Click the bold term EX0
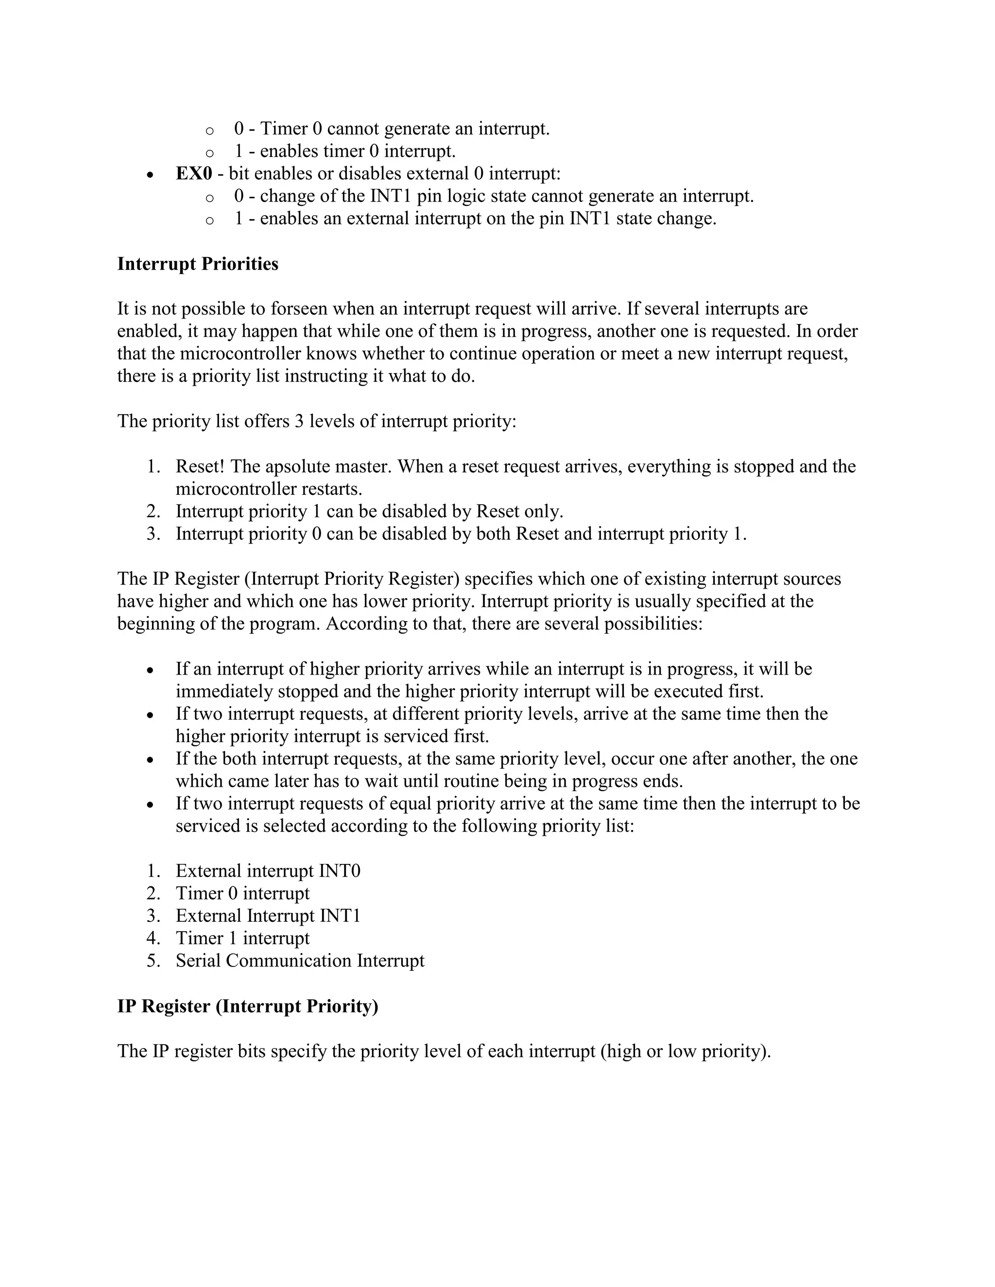coord(193,174)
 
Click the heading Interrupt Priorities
coord(197,264)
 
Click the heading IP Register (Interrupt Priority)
coord(248,1006)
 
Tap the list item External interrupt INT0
coord(268,871)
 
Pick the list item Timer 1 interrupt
coord(242,938)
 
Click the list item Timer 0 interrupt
coord(242,893)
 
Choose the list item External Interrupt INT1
coord(268,916)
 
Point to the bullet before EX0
coord(151,175)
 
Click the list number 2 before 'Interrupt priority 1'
coord(153,511)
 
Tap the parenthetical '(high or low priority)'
coord(685,1051)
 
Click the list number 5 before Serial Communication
coord(153,961)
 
